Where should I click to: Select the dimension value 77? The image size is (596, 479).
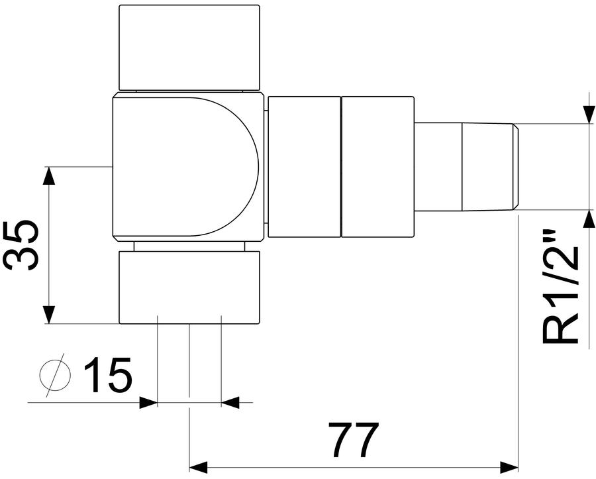point(354,439)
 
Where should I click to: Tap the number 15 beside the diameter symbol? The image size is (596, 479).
point(108,374)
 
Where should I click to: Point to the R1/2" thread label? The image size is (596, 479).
point(560,286)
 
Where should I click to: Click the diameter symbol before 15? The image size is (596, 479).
point(56,375)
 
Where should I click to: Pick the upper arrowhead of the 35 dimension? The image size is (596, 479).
point(48,176)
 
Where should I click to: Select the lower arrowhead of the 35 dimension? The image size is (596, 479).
point(48,315)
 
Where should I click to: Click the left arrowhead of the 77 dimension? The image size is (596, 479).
point(199,466)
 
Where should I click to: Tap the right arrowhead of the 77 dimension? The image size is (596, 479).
point(509,466)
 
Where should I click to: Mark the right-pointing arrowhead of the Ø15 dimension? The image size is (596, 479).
point(148,402)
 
